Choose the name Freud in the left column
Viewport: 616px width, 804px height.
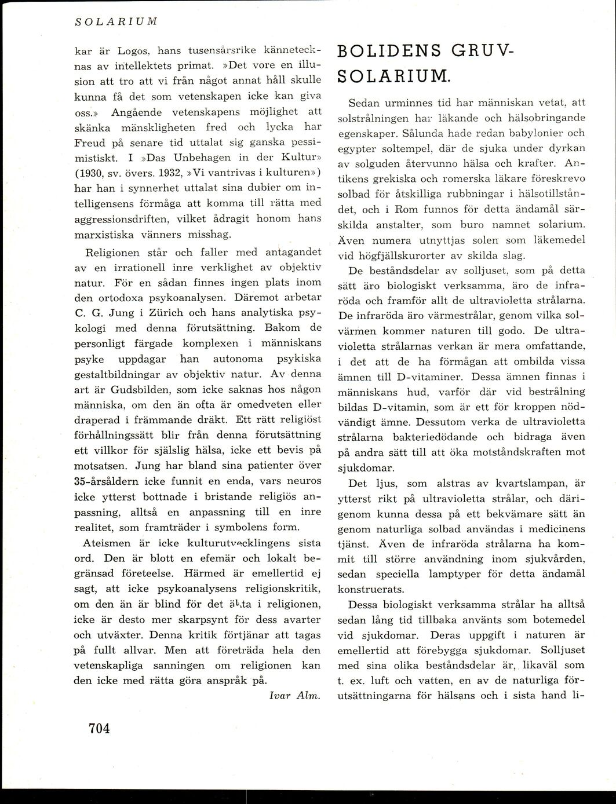[90, 142]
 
